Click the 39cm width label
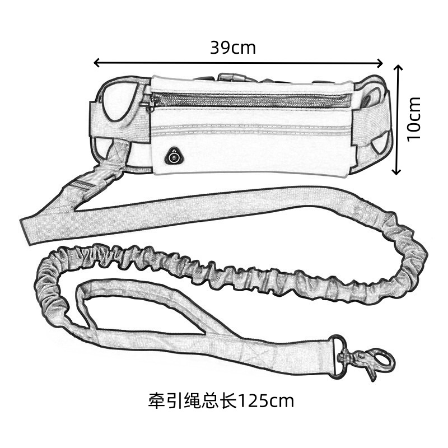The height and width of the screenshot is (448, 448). tap(233, 48)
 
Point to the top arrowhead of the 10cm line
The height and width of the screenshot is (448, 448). tap(398, 68)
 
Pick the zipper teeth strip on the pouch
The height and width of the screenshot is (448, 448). tap(252, 101)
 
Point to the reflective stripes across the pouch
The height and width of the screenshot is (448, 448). tap(252, 130)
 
